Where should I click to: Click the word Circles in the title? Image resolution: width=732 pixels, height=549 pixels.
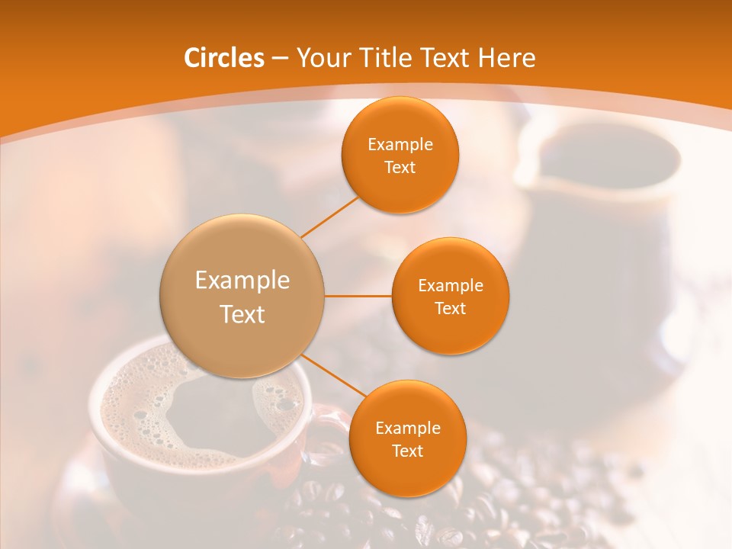point(223,58)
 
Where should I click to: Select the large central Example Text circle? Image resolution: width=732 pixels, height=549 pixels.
point(242,296)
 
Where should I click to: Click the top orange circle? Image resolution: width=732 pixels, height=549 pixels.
point(400,155)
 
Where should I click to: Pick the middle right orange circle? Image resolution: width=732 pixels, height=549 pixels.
point(451,296)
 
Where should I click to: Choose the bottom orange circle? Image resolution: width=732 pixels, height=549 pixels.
point(407,438)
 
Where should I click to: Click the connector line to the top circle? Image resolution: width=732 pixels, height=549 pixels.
point(330,216)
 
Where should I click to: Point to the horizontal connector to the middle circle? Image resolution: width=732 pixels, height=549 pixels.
point(358,296)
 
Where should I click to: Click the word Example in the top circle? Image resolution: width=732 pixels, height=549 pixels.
point(400,144)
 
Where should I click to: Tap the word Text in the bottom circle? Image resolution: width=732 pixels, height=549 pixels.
point(407,451)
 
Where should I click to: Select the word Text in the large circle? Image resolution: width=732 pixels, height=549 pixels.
point(242,314)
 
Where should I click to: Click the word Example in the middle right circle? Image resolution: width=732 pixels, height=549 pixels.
point(451,286)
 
